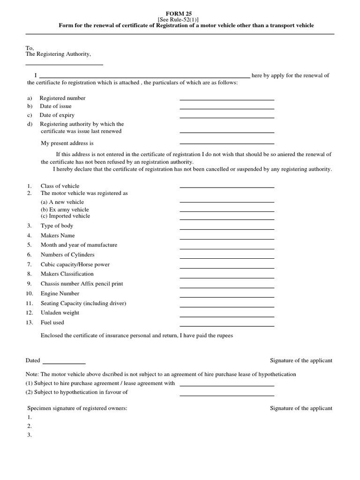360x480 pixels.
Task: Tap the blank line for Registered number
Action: (227, 99)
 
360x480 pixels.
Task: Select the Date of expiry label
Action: (57, 115)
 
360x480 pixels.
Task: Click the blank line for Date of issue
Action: (227, 108)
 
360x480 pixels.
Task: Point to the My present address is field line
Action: (227, 143)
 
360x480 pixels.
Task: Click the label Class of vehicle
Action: (60, 186)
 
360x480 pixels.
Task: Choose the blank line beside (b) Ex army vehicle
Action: (227, 211)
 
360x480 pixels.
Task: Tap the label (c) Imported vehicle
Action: (65, 216)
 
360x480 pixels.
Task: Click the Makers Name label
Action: (58, 235)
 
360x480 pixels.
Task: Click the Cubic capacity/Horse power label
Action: (75, 264)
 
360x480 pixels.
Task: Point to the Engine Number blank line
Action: (227, 297)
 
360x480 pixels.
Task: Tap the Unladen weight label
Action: (60, 313)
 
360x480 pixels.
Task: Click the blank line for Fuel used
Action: (227, 325)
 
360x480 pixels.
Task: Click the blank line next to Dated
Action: (64, 363)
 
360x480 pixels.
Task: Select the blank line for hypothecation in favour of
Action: (227, 395)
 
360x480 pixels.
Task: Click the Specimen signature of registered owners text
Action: (76, 408)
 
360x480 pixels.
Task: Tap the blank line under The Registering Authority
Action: (64, 64)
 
